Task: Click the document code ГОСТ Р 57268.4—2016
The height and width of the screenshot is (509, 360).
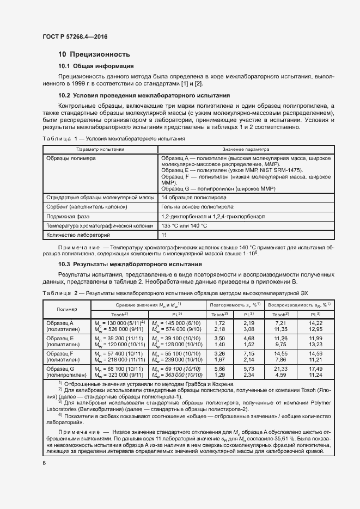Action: [75, 35]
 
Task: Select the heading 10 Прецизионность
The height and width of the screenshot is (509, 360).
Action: [94, 54]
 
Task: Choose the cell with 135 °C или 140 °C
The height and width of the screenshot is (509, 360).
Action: [185, 225]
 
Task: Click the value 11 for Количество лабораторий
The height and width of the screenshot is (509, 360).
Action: [164, 235]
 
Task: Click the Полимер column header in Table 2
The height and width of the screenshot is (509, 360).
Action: [66, 309]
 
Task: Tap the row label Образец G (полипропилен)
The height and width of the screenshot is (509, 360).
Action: [66, 372]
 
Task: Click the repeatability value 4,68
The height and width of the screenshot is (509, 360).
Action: [248, 338]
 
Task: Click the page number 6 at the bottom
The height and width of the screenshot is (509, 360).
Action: [44, 463]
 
